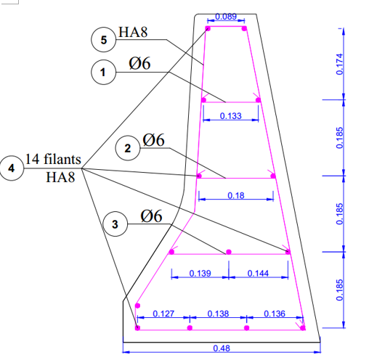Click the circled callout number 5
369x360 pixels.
(x=104, y=39)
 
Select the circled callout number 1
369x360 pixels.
(x=103, y=72)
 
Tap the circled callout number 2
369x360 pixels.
(x=128, y=148)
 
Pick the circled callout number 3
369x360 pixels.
(x=115, y=224)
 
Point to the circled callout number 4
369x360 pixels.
(x=12, y=168)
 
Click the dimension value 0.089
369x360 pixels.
(x=226, y=17)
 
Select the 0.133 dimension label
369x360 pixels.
(x=231, y=116)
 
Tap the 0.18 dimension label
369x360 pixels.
(x=236, y=195)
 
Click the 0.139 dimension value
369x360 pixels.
(x=200, y=274)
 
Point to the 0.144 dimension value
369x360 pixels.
(x=258, y=274)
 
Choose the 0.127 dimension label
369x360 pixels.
(x=163, y=314)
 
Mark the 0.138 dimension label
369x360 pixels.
(x=218, y=314)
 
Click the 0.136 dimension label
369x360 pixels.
(x=275, y=314)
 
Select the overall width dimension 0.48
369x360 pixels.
(x=222, y=348)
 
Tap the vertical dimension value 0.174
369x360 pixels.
(x=340, y=64)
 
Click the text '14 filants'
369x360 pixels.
(x=53, y=159)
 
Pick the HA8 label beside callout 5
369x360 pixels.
(x=133, y=32)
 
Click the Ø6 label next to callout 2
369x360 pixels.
(x=153, y=140)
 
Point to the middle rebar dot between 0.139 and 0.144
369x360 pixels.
(x=229, y=252)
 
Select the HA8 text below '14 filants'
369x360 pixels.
(x=60, y=177)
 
